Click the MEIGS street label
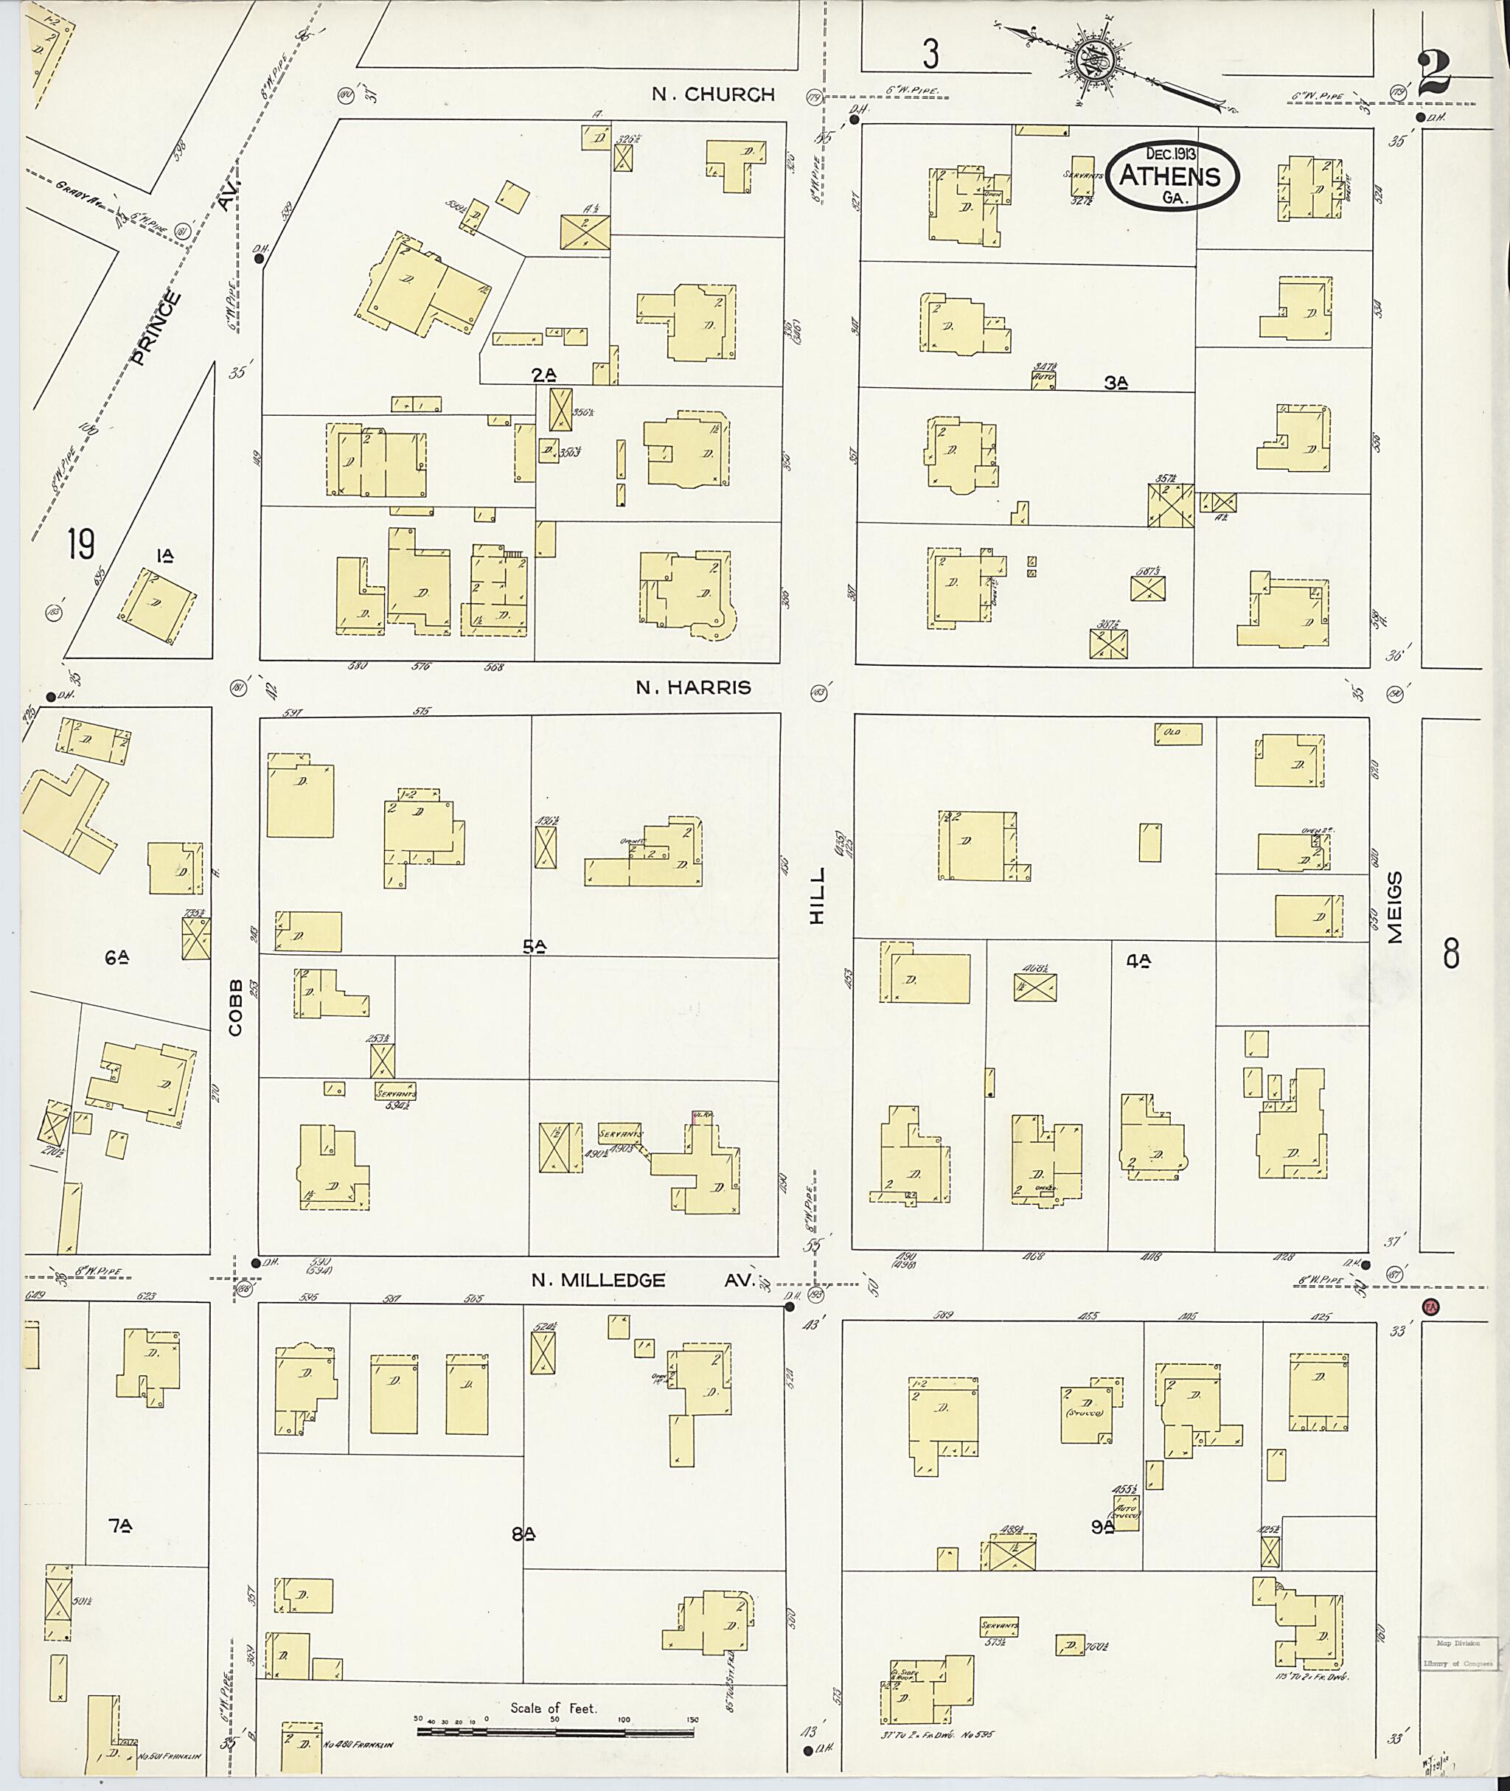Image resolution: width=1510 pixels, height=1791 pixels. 1396,908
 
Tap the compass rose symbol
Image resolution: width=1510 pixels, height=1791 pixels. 1099,60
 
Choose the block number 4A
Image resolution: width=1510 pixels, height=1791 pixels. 1138,961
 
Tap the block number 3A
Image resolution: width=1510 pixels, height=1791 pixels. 1116,383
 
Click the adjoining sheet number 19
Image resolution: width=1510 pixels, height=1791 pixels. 81,543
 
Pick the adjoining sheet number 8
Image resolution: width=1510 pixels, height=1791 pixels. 1451,953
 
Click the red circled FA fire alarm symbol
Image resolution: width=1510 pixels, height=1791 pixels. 1430,1307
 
